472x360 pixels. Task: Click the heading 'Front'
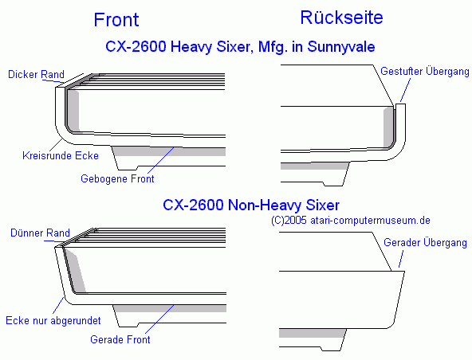(116, 20)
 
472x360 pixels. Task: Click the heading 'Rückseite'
(342, 18)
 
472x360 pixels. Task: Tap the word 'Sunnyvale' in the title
(341, 47)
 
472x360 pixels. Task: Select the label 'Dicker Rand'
(36, 74)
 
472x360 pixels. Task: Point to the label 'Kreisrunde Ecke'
(61, 155)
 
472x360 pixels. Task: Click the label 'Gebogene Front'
(117, 178)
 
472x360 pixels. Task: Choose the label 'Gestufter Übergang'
(425, 71)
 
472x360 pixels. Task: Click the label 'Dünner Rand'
(40, 233)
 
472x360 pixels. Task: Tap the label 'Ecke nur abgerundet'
(53, 320)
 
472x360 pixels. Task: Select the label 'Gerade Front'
(120, 339)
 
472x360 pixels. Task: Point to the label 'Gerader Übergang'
(425, 242)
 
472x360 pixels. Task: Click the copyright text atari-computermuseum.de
(370, 221)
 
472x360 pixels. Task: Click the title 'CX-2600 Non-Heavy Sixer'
(251, 205)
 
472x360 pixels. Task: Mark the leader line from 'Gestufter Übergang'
(405, 90)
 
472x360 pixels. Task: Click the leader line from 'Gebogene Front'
(161, 160)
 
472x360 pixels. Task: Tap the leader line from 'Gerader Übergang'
(401, 259)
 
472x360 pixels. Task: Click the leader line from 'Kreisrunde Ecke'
(56, 145)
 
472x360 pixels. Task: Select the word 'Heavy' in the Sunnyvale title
(191, 47)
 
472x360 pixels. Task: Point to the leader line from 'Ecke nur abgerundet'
(58, 305)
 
